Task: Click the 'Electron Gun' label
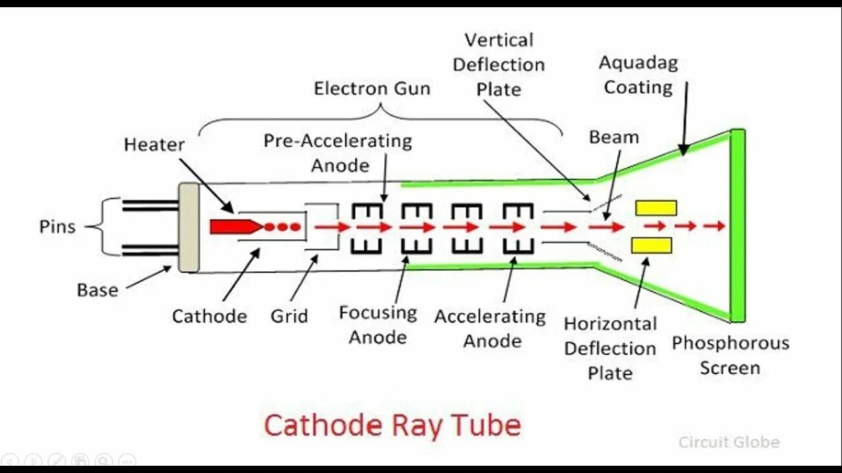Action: click(x=372, y=88)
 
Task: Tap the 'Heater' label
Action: click(x=154, y=145)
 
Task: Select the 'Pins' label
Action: click(x=57, y=227)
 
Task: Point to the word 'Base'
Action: click(x=97, y=290)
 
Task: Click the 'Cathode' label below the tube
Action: click(x=209, y=316)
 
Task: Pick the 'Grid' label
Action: click(x=289, y=316)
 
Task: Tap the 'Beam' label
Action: click(x=614, y=137)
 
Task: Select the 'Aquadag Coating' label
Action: click(x=638, y=76)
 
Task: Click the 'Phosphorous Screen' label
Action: click(x=730, y=355)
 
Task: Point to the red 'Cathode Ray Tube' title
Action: click(x=392, y=426)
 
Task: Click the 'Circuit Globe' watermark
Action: click(x=729, y=442)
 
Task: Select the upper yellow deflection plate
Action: click(x=655, y=208)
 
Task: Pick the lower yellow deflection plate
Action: click(x=651, y=246)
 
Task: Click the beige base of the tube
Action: click(x=189, y=227)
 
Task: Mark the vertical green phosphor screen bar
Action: click(x=737, y=226)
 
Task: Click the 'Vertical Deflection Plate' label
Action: click(x=499, y=64)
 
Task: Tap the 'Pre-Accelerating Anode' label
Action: click(x=338, y=152)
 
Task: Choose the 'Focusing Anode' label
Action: click(x=378, y=325)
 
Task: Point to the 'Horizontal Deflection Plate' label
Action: click(x=610, y=348)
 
